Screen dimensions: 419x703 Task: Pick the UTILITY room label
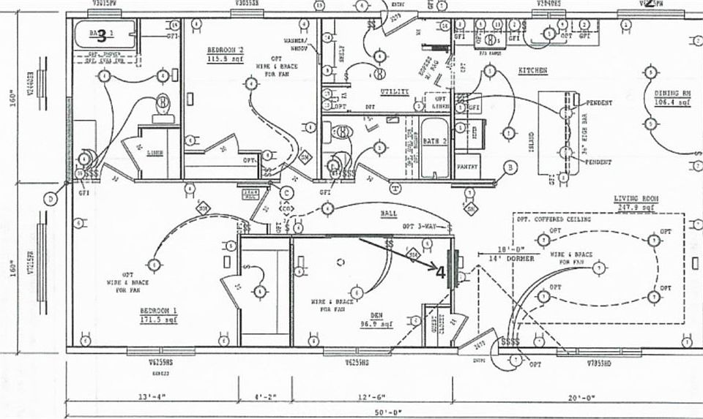pos(394,91)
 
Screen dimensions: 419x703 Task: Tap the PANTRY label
pos(467,167)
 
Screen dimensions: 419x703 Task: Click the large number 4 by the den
pos(440,272)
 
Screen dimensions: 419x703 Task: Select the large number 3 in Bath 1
pos(102,34)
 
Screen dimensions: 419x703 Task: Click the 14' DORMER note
pos(503,257)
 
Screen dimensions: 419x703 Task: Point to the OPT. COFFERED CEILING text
pos(554,219)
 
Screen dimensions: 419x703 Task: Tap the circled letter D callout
pos(51,199)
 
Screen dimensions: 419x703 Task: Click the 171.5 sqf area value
pos(159,320)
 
